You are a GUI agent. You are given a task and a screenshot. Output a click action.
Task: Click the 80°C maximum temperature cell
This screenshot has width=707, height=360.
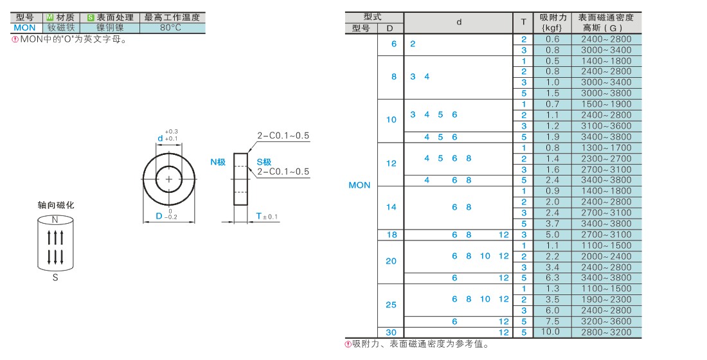pyautogui.click(x=172, y=28)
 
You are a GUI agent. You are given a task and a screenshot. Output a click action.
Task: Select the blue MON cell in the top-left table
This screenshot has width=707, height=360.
pyautogui.click(x=24, y=28)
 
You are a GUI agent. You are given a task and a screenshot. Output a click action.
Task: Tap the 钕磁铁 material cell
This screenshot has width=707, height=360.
pyautogui.click(x=61, y=28)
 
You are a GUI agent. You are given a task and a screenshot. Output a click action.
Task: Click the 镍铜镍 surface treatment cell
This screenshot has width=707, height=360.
pyautogui.click(x=110, y=28)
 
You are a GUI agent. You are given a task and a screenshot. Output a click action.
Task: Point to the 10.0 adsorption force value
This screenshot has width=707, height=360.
pyautogui.click(x=552, y=332)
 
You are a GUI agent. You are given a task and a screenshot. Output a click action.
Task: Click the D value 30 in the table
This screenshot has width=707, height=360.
pyautogui.click(x=391, y=332)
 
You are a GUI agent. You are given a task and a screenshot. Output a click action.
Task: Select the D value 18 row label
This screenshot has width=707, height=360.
pyautogui.click(x=391, y=235)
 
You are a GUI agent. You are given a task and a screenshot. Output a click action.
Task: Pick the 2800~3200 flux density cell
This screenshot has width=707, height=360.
pyautogui.click(x=606, y=332)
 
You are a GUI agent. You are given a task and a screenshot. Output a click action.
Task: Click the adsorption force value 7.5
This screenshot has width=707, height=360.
pyautogui.click(x=552, y=321)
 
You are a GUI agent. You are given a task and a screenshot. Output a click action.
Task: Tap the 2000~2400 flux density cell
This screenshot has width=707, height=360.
pyautogui.click(x=606, y=256)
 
